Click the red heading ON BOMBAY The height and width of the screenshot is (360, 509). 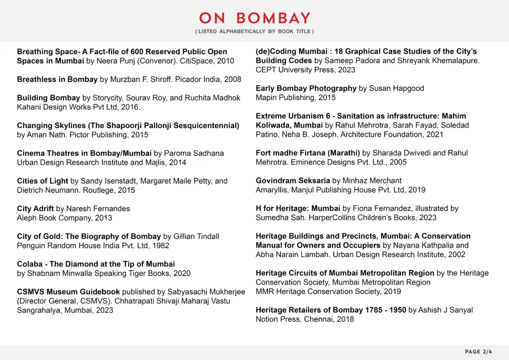255,18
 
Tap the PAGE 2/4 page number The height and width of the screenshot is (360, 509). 478,352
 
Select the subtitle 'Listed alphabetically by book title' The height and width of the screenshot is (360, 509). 255,31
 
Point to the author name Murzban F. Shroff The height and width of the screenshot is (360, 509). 138,79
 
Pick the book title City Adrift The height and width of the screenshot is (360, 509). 35,209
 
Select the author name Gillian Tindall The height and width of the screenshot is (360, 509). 196,236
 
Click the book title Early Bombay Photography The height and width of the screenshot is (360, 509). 306,88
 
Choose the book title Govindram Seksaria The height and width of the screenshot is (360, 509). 293,181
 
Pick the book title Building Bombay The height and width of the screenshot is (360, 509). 48,98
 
